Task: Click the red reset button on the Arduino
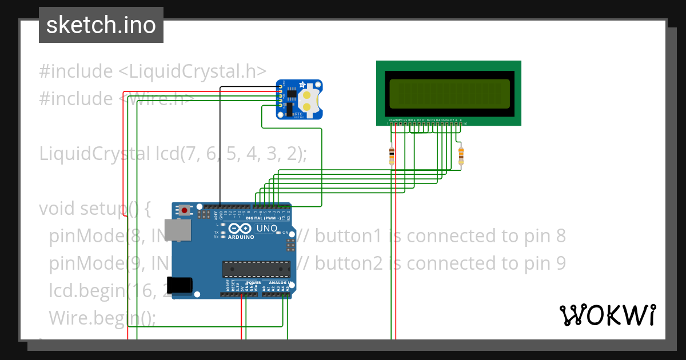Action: coord(185,211)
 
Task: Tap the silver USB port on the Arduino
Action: coord(177,230)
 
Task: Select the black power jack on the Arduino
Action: coord(180,284)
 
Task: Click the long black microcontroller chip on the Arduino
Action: coord(256,269)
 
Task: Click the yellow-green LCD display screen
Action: coord(449,93)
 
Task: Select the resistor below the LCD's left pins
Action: coord(392,154)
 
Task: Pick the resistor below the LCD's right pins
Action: coord(461,155)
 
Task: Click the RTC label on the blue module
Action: coord(298,114)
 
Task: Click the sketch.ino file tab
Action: coord(101,25)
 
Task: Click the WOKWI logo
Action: coord(607,315)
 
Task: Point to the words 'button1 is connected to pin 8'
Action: coord(440,236)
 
